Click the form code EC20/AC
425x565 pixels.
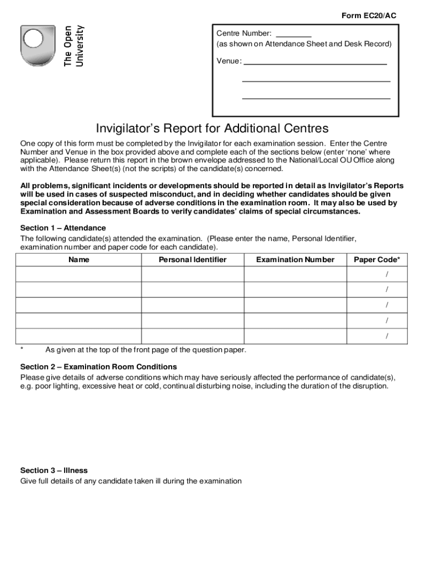point(369,16)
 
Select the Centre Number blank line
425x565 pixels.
point(294,35)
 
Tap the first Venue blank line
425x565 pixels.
point(315,63)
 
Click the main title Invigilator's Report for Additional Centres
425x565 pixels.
point(212,129)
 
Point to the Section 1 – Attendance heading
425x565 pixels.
point(63,228)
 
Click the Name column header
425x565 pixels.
point(79,259)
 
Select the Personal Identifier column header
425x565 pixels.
point(193,259)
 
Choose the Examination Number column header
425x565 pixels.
point(295,259)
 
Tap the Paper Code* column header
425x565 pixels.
point(377,259)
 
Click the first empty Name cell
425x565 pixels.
point(79,274)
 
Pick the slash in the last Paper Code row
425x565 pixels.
point(387,336)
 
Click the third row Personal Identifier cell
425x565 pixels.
point(193,305)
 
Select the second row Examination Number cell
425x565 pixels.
point(295,290)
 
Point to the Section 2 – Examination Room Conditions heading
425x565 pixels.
point(98,367)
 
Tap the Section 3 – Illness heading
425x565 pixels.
point(54,471)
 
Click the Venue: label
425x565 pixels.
point(229,61)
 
